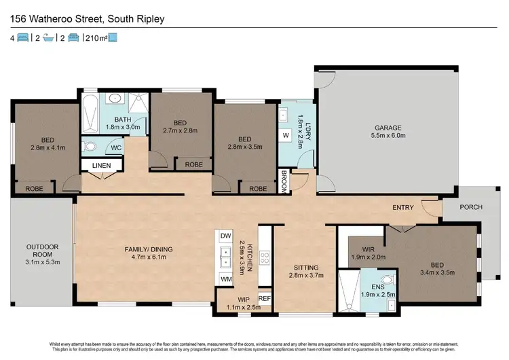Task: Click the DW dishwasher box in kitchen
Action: point(225,235)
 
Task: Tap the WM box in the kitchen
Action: point(225,279)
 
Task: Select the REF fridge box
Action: point(264,298)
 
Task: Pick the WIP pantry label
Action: point(243,299)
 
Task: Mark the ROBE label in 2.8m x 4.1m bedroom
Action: point(35,188)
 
